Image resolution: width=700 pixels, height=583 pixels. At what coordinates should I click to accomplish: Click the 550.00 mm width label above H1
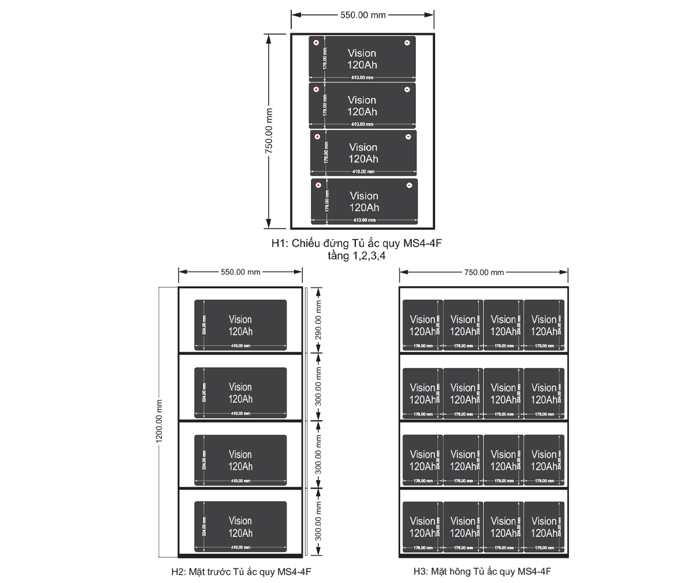(x=363, y=15)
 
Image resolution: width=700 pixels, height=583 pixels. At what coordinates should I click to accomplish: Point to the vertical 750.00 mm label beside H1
(x=269, y=131)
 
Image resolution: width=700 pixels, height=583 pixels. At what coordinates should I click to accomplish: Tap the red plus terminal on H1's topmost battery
(x=316, y=43)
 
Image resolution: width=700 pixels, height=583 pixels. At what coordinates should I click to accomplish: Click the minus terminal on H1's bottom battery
(x=409, y=185)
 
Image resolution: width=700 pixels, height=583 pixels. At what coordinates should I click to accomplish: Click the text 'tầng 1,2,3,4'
(x=357, y=255)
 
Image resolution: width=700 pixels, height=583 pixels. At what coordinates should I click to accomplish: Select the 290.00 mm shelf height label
(x=318, y=320)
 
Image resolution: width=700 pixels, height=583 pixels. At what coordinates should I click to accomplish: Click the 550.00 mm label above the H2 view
(x=240, y=272)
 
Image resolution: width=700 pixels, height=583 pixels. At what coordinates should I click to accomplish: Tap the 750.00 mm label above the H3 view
(x=484, y=272)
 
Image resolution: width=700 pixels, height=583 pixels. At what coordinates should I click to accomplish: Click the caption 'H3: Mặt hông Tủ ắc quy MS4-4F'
(x=483, y=571)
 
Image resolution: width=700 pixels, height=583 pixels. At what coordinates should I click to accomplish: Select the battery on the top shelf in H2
(x=240, y=325)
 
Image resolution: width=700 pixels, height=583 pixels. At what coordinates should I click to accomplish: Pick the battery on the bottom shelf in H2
(x=240, y=526)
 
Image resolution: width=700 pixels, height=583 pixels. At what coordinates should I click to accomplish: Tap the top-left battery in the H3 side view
(x=422, y=325)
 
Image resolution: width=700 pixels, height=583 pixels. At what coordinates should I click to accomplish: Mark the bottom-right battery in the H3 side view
(x=544, y=527)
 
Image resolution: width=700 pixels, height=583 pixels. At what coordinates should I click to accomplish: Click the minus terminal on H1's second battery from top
(x=407, y=89)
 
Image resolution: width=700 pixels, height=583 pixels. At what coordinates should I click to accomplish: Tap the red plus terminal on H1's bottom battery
(x=318, y=185)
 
